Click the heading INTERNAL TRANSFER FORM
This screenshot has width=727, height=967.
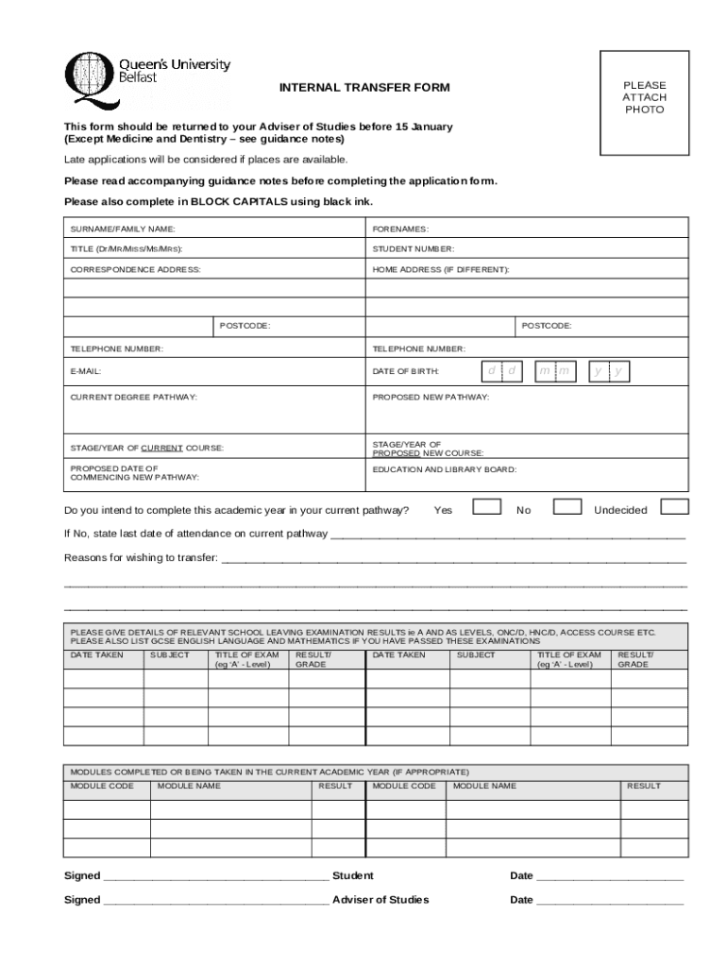click(363, 88)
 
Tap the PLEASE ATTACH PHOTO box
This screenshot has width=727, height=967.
click(644, 98)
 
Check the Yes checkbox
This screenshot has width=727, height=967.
click(486, 507)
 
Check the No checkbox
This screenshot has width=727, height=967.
click(566, 507)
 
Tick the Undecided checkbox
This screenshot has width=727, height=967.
click(674, 507)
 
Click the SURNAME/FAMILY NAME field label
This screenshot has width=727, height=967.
click(123, 229)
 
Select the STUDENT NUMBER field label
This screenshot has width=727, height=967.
click(414, 249)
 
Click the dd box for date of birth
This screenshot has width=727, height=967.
click(501, 371)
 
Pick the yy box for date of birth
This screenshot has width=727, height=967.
click(608, 371)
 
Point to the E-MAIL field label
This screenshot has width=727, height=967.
click(86, 372)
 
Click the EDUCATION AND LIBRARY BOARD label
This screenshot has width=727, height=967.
click(445, 469)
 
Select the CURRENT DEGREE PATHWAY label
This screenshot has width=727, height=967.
click(134, 398)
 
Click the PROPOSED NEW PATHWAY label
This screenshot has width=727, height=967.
click(431, 398)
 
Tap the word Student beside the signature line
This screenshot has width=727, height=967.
click(353, 875)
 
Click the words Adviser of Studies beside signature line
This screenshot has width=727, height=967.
click(380, 900)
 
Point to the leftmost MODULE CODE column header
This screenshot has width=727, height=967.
click(102, 786)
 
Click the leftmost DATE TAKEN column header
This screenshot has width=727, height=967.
click(97, 654)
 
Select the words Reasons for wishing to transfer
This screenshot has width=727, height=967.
click(141, 558)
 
